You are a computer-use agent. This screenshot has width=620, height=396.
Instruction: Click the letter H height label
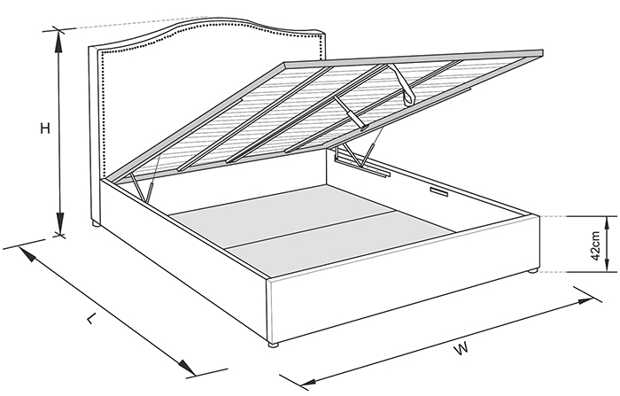(x=45, y=128)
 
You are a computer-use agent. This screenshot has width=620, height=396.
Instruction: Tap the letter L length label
(x=92, y=318)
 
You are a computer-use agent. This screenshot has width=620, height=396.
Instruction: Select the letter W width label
(x=461, y=348)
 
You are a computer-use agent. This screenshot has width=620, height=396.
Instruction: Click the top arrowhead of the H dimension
(x=59, y=41)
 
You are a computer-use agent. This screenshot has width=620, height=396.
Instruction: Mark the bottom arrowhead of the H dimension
(x=59, y=223)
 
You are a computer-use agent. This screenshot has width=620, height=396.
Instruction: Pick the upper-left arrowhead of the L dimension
(x=27, y=254)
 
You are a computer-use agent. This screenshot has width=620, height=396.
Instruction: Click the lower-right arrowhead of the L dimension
(x=186, y=368)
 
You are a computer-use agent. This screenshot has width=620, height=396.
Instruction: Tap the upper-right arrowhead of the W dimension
(x=585, y=300)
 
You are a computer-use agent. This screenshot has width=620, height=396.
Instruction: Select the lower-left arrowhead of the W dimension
(x=309, y=383)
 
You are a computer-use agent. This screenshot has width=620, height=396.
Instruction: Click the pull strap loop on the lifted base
(x=403, y=84)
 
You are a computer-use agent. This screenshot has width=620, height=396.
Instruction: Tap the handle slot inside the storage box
(x=439, y=192)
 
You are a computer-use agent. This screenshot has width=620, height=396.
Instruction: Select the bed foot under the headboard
(x=96, y=224)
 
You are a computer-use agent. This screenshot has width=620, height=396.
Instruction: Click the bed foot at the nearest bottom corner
(x=273, y=345)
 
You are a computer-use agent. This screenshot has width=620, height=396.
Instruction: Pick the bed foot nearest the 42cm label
(x=533, y=271)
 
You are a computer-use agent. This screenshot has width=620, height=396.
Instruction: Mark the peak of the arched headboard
(x=214, y=18)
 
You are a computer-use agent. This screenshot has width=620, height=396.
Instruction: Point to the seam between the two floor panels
(x=308, y=230)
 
